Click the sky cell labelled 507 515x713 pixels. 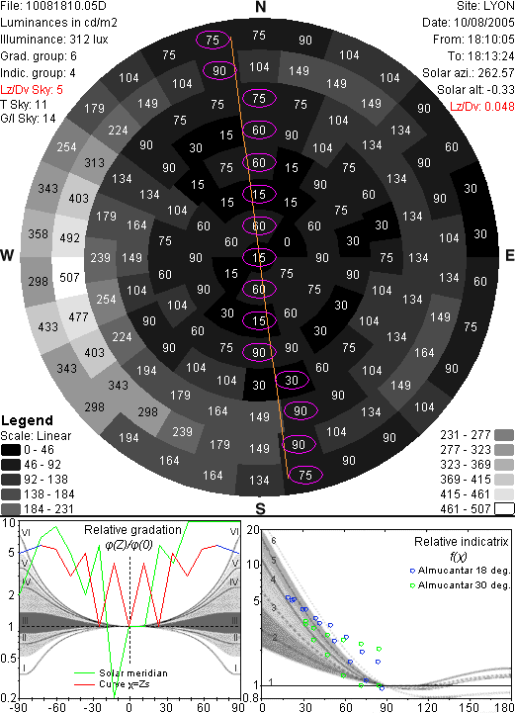pyautogui.click(x=69, y=277)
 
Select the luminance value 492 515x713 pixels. pyautogui.click(x=69, y=237)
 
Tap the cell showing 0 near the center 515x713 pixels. pyautogui.click(x=287, y=242)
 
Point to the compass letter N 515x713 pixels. pyautogui.click(x=260, y=7)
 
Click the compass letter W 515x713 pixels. pyautogui.click(x=7, y=255)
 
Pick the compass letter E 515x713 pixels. pyautogui.click(x=509, y=255)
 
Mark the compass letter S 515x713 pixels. pyautogui.click(x=260, y=508)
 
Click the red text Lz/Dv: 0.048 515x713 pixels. pyautogui.click(x=482, y=107)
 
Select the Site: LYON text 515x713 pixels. pyautogui.click(x=485, y=6)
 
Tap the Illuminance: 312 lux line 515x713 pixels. pyautogui.click(x=54, y=40)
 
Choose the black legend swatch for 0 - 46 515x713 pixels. pyautogui.click(x=11, y=450)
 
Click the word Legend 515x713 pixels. pyautogui.click(x=28, y=420)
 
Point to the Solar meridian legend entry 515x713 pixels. pyautogui.click(x=121, y=673)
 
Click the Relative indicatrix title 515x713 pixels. pyautogui.click(x=461, y=542)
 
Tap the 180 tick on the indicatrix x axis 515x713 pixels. pyautogui.click(x=505, y=707)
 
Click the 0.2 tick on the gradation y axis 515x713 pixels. pyautogui.click(x=9, y=698)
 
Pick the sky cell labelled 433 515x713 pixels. pyautogui.click(x=47, y=327)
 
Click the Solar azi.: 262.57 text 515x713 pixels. pyautogui.click(x=469, y=73)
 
